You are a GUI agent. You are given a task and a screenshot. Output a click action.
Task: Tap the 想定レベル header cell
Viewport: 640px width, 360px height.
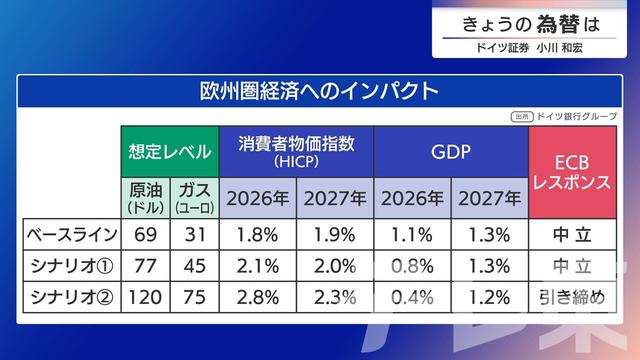click(170, 153)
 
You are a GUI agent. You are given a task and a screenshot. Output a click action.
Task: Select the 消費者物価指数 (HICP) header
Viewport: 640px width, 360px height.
click(297, 151)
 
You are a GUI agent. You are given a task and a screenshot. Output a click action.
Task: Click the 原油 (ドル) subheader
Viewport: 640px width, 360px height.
click(146, 198)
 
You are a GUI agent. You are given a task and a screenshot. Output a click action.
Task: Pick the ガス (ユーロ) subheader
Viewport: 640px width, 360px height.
click(194, 198)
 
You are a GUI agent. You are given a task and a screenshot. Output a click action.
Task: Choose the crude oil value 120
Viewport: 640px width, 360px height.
click(146, 297)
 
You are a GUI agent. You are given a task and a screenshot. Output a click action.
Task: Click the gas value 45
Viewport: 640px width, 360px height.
click(194, 266)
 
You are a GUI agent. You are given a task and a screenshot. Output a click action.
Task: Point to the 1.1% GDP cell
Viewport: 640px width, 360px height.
click(411, 236)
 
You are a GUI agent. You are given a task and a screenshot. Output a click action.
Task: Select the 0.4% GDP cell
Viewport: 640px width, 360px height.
click(411, 297)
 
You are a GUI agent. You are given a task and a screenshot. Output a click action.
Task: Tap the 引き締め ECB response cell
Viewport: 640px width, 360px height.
click(574, 297)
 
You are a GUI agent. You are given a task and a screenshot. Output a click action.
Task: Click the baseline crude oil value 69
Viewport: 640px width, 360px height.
click(146, 236)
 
